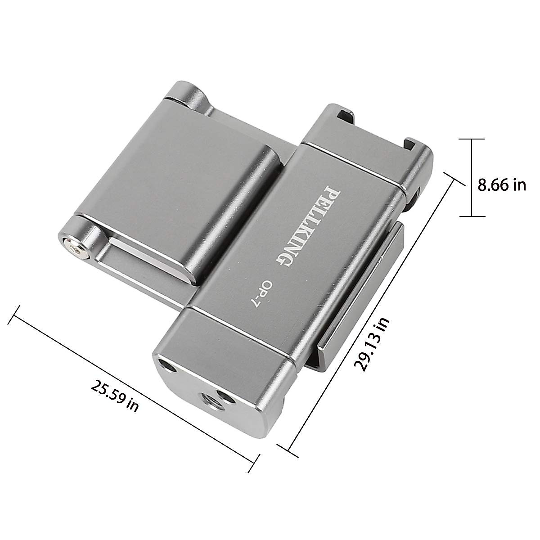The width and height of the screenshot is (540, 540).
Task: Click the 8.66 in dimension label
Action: (x=501, y=185)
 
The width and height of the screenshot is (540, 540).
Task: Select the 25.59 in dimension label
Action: (x=115, y=396)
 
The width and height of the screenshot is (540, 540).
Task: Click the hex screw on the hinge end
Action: (x=75, y=248)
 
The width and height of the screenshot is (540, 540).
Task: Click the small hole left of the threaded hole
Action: (x=168, y=367)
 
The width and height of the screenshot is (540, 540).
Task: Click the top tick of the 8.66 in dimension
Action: (x=472, y=139)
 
